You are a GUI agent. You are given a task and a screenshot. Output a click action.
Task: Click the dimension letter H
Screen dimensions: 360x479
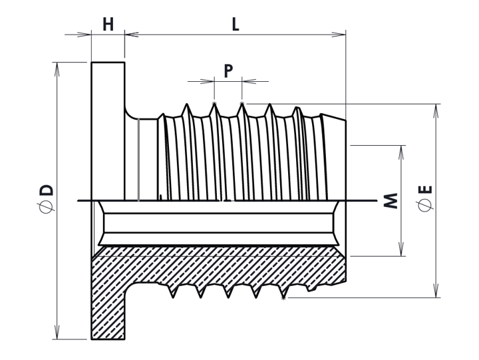pos(108,25)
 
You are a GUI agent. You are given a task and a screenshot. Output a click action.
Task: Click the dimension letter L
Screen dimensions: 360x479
pos(235,25)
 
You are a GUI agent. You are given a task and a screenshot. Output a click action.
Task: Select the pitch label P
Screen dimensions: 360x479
pos(228,71)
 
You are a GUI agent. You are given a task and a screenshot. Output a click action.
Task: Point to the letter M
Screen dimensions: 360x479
pos(391,200)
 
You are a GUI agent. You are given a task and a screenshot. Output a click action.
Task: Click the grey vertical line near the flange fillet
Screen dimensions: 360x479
pos(138,160)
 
